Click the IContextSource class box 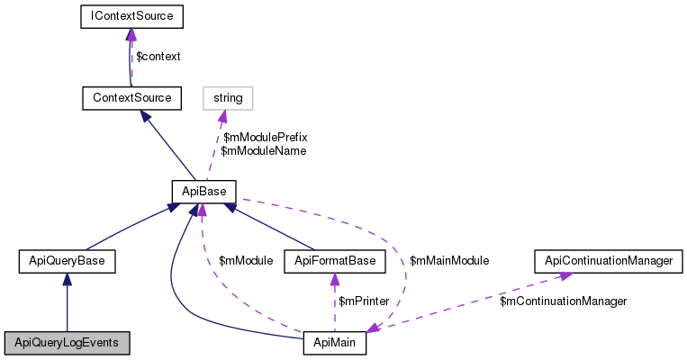[131, 16]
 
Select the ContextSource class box [131, 96]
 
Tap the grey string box [228, 96]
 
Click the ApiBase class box [203, 191]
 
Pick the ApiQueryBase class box [67, 261]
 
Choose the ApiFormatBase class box [335, 261]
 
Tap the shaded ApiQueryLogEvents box [67, 342]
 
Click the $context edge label [158, 57]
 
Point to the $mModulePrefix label [265, 138]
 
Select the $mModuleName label [263, 151]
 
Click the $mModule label [246, 260]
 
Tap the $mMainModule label [449, 260]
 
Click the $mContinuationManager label [563, 301]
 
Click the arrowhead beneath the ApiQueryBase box [67, 279]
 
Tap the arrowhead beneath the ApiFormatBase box [335, 279]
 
